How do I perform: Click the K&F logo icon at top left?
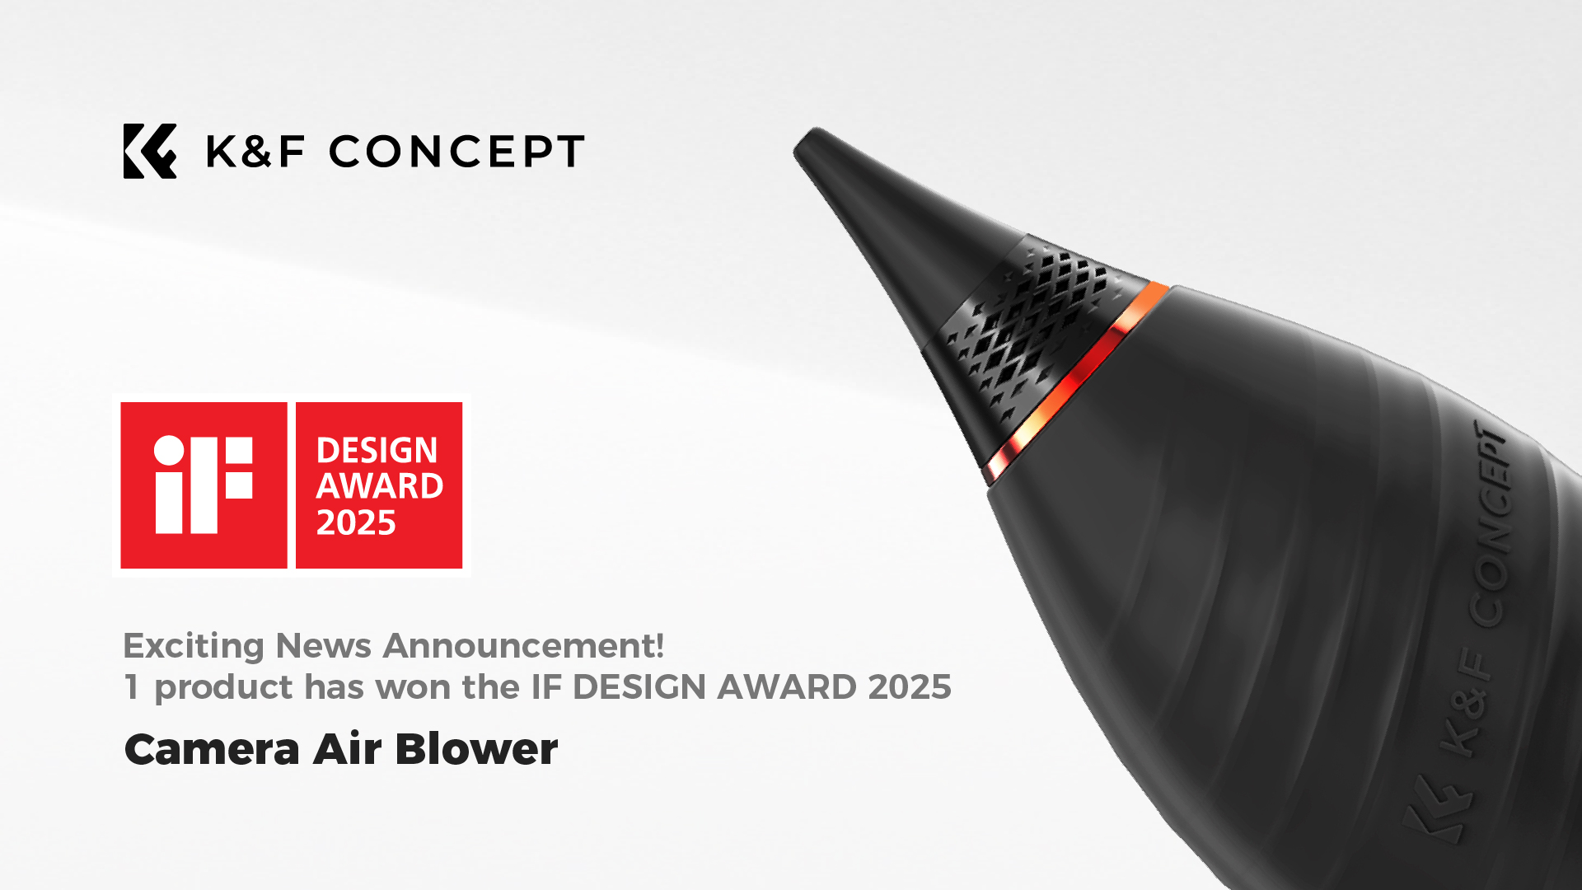150,151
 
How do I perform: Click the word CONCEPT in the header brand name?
456,152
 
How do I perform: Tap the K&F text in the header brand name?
255,152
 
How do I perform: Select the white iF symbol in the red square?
204,485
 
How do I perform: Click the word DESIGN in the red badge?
377,450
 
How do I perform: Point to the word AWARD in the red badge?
380,486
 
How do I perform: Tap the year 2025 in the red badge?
356,522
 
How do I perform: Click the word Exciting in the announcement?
194,646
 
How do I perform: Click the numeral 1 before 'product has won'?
131,686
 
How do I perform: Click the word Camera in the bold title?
212,749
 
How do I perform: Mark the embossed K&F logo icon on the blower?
1438,808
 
